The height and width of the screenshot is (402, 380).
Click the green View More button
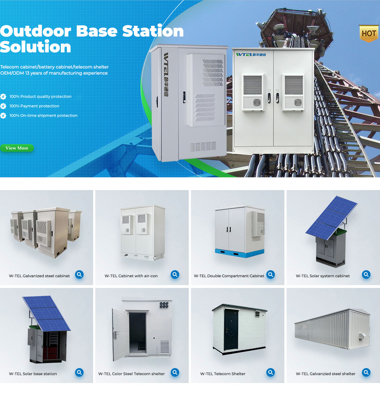17,148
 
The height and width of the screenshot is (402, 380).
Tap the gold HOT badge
369,33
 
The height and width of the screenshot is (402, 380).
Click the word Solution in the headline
35,47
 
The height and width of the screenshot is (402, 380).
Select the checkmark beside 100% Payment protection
3,106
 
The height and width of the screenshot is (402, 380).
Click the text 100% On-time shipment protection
43,116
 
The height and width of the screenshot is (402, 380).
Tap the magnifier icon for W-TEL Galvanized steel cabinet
79,275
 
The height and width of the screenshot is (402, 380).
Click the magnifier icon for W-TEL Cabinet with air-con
175,275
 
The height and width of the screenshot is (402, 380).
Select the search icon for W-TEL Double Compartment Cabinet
270,275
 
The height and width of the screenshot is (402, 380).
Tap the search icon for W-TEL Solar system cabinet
366,275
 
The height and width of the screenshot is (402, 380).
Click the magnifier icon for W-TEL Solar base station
79,373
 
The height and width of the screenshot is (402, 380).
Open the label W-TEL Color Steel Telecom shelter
131,374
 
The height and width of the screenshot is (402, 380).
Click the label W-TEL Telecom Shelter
223,374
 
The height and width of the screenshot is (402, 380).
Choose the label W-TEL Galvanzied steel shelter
326,374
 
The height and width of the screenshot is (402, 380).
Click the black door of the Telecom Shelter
231,329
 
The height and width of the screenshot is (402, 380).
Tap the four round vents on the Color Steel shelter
164,305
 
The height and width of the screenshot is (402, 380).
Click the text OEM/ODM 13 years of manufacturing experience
54,73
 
